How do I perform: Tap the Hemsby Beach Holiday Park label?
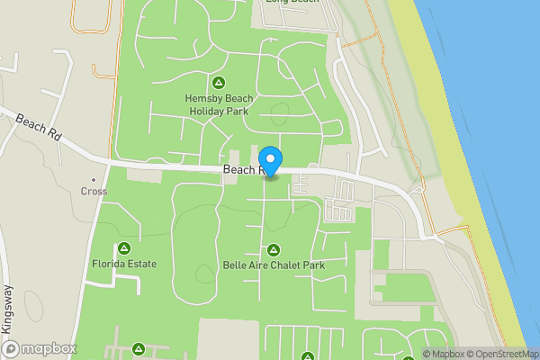[215, 104]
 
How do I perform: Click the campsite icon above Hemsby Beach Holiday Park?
[216, 83]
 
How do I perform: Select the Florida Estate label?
[124, 265]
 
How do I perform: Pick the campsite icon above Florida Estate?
[124, 247]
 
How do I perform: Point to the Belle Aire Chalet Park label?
[274, 265]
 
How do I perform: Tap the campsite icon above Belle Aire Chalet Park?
[274, 249]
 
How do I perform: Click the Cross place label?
[94, 192]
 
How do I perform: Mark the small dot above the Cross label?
[94, 180]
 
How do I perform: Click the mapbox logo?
[40, 348]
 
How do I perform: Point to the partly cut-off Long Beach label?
[292, 2]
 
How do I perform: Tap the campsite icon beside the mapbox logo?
[139, 348]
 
